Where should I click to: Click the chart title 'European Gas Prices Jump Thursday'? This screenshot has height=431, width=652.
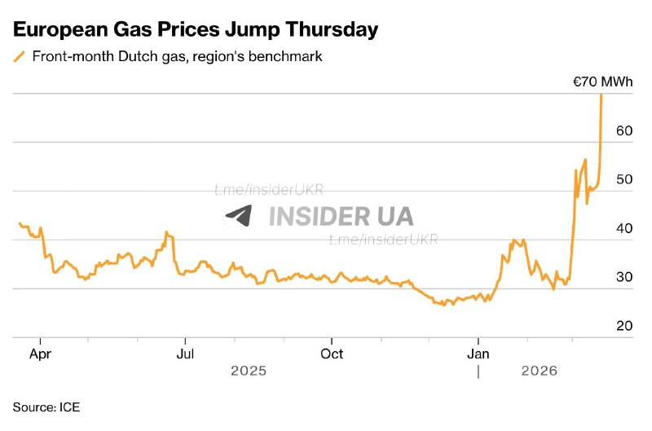pos(196,30)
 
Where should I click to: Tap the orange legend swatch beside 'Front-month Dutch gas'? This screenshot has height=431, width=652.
pos(20,57)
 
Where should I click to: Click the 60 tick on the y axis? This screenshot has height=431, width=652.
pos(623,130)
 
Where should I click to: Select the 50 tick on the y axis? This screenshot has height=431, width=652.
pos(623,179)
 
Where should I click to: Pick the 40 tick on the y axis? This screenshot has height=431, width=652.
pos(623,228)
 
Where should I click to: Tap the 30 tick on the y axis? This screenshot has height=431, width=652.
pos(623,277)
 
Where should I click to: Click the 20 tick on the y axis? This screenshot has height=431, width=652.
pos(623,326)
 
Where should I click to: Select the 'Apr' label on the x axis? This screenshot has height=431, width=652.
pos(40,354)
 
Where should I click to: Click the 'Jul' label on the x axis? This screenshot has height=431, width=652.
pos(186,354)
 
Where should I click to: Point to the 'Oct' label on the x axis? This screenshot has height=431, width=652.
pos(332,354)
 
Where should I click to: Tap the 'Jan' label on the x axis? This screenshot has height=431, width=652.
pos(478,354)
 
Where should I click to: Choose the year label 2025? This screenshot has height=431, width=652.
pos(249,372)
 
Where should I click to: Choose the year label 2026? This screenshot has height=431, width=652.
pos(538,372)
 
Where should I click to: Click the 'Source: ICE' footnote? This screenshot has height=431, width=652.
pos(46,406)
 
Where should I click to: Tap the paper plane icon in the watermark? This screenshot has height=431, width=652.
pos(239,215)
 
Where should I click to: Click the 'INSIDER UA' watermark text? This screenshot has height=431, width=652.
pos(341,216)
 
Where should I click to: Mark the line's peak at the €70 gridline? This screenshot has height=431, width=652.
pos(601,95)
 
